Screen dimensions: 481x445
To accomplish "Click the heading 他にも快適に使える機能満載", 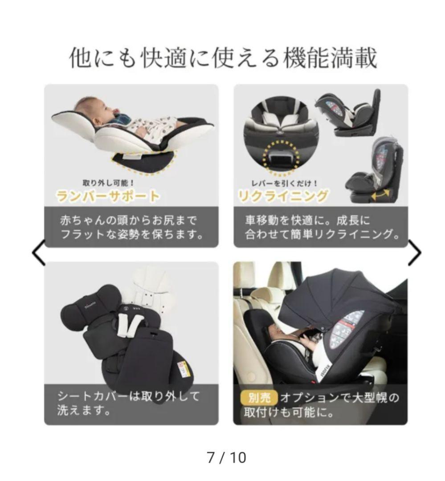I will coord(223,58).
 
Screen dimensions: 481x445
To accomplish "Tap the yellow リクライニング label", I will coord(283,196).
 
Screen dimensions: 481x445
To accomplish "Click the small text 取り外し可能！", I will coord(109,183).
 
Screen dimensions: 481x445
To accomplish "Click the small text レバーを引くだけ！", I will coord(285,183).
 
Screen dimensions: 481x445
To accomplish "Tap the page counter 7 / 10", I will coord(226,457).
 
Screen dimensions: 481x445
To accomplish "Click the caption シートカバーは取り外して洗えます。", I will coord(129,403).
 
